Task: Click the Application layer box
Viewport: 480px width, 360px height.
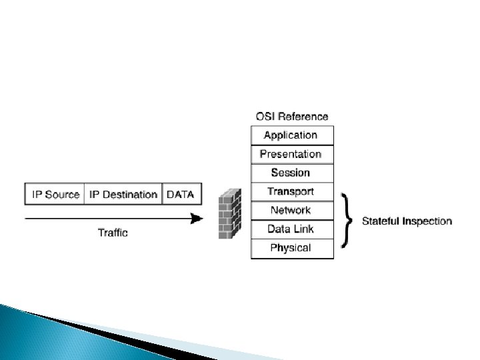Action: (291, 135)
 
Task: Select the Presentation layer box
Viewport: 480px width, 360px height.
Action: (291, 154)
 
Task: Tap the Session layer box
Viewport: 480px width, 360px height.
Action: (291, 173)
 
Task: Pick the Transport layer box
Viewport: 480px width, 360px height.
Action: (291, 192)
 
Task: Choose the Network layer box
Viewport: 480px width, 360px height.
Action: (291, 211)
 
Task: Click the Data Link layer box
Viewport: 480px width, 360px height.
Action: (291, 229)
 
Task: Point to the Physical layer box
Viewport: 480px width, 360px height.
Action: (291, 249)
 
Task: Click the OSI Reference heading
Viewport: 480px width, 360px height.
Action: (292, 117)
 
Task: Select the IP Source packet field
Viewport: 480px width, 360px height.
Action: (55, 195)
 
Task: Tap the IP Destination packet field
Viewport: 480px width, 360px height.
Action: (123, 195)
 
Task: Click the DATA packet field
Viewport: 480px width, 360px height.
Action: (180, 195)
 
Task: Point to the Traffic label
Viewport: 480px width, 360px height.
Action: (113, 233)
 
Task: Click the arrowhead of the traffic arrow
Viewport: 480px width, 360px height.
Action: (196, 218)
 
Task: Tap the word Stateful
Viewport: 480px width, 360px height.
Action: (381, 221)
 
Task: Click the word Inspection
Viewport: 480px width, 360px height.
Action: (427, 221)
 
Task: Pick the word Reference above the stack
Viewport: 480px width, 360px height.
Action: (303, 117)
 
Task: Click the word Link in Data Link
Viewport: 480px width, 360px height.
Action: (305, 229)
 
